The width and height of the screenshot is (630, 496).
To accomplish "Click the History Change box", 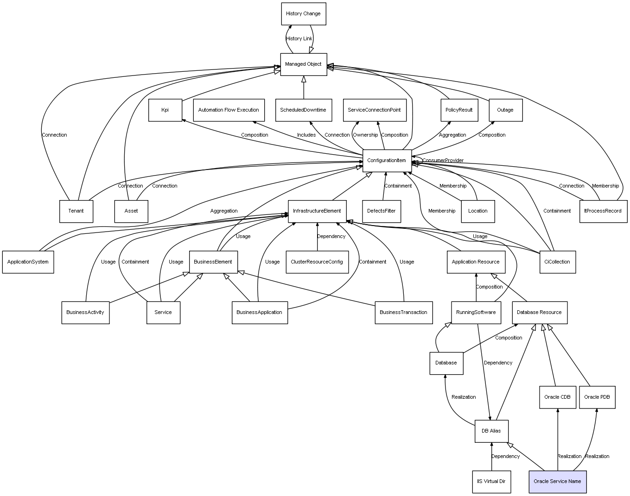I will click(303, 14).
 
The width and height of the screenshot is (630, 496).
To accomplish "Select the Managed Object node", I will click(303, 64).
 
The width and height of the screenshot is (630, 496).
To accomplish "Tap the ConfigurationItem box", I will click(387, 161).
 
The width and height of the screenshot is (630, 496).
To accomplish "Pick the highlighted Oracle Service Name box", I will click(557, 482).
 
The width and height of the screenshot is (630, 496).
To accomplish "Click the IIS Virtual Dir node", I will click(491, 482).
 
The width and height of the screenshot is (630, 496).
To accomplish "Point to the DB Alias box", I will click(491, 431).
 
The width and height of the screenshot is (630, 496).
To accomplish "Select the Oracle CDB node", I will click(557, 397).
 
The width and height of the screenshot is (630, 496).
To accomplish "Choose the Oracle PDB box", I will click(597, 397).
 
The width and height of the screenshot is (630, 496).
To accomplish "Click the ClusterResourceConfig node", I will click(317, 262).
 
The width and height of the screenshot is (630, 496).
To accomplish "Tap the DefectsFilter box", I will click(381, 211).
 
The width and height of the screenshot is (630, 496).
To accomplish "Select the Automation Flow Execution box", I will click(229, 110).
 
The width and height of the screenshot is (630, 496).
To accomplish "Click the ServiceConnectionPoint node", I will click(375, 110).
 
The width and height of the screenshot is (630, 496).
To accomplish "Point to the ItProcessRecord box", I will click(603, 211).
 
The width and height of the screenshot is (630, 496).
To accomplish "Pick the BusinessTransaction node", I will click(403, 313).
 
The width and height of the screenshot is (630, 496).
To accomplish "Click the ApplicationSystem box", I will click(28, 262).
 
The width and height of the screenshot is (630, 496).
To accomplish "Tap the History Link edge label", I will click(299, 39).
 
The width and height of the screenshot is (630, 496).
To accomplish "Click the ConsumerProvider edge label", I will click(443, 161).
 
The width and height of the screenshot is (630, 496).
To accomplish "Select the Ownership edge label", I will click(365, 135).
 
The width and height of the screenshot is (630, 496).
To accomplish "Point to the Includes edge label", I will click(306, 135).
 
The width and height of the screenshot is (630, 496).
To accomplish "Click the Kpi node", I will click(165, 110).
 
